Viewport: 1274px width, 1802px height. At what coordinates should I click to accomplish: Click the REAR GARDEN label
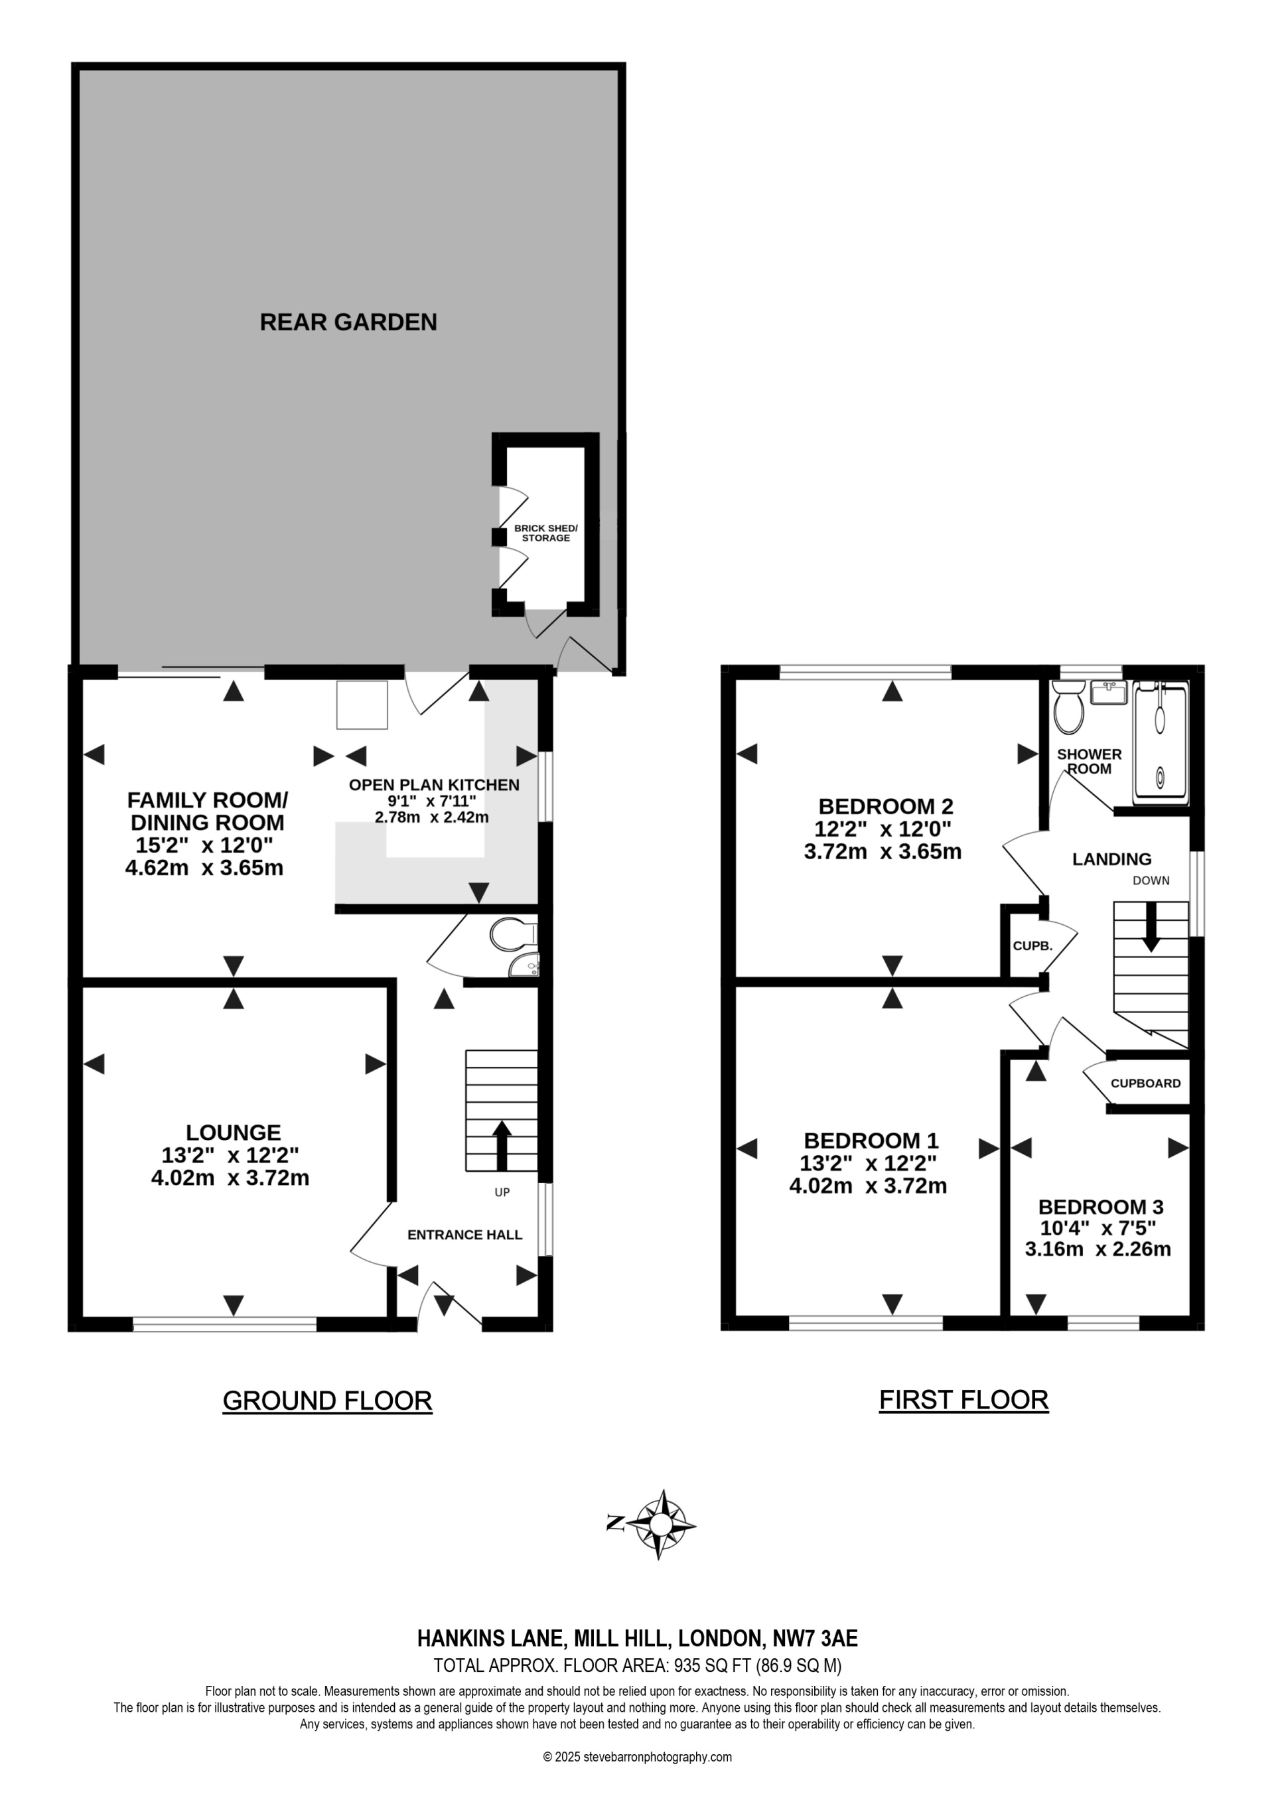coord(348,322)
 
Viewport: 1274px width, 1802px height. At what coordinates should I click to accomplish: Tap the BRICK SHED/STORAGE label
coord(545,533)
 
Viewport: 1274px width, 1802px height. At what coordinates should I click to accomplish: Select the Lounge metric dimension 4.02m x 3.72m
coord(230,1177)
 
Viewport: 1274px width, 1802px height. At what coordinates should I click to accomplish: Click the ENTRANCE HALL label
coord(464,1235)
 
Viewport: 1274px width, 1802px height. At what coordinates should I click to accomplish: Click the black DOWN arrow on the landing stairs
coord(1150,926)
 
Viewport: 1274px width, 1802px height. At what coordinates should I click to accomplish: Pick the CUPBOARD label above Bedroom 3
coord(1145,1083)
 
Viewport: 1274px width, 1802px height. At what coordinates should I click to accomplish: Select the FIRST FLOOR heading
coord(963,1399)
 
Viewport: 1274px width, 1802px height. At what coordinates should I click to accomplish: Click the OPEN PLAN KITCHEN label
coord(434,785)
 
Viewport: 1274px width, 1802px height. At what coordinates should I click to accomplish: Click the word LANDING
coord(1111,859)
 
